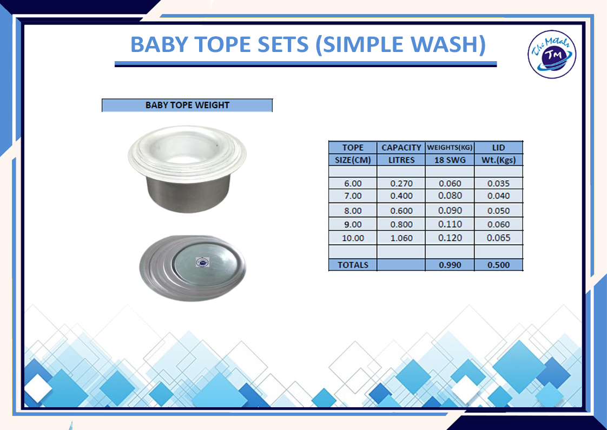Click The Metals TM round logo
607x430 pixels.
tap(552, 54)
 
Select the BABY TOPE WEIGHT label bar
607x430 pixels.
tap(187, 105)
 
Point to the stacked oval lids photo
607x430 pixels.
tap(193, 268)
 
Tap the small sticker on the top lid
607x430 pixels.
tap(202, 262)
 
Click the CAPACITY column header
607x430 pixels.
tap(401, 148)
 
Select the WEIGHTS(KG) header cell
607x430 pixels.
tap(450, 148)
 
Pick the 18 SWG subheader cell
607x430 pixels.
tap(450, 160)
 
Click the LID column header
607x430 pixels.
tap(499, 148)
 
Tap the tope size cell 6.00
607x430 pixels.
tap(353, 184)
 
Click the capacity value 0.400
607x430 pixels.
tap(401, 196)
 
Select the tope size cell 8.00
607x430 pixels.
tap(353, 211)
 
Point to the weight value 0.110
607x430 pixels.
tap(450, 224)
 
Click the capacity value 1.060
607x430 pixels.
tap(401, 238)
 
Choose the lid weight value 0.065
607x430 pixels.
tap(499, 238)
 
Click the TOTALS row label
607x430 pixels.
tap(353, 265)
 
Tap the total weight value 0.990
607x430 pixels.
tap(450, 265)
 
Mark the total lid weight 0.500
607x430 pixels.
tap(499, 265)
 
